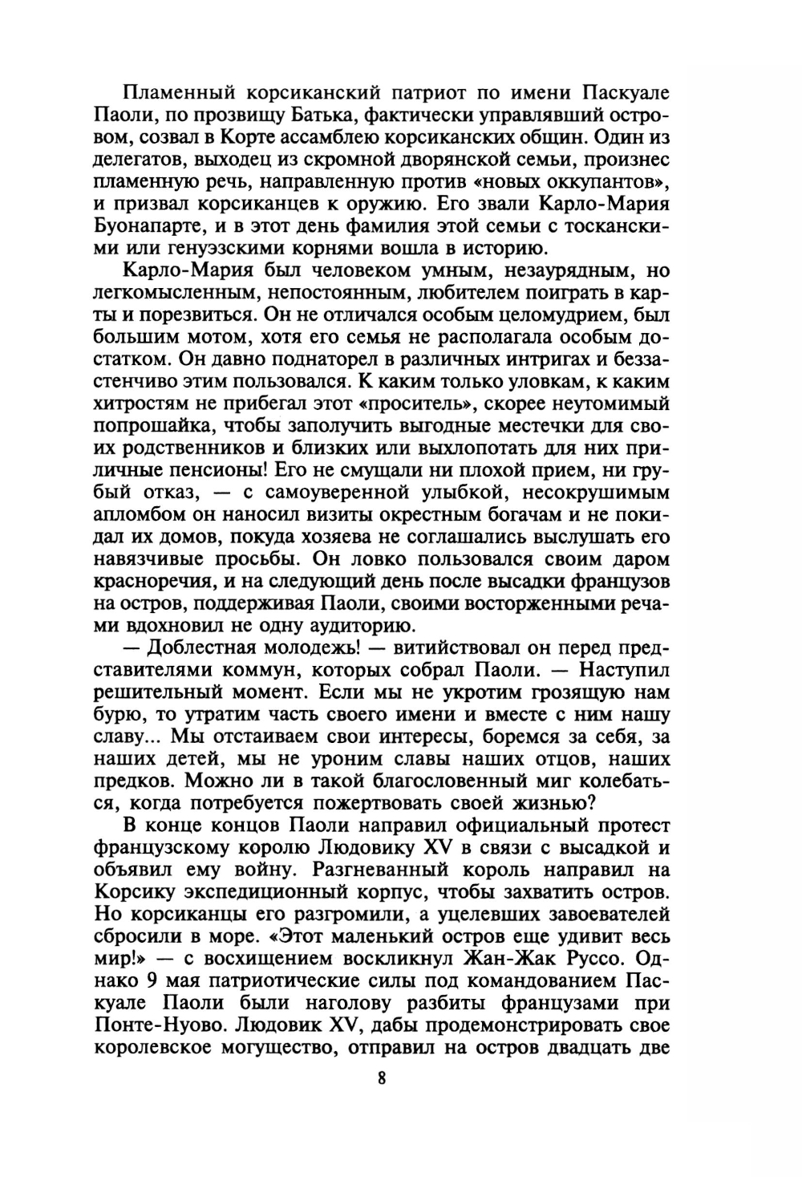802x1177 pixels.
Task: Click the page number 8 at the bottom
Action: tap(382, 1079)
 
